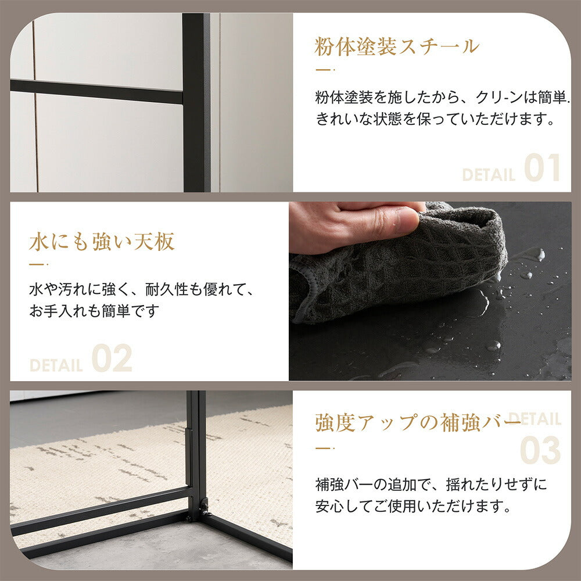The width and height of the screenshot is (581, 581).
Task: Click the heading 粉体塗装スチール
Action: click(397, 46)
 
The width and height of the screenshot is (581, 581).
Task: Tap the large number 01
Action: click(543, 168)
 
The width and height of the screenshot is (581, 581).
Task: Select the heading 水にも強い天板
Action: click(102, 242)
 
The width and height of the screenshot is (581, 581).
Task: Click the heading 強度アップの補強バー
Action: click(417, 422)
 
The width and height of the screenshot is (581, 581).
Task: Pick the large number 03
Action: click(540, 450)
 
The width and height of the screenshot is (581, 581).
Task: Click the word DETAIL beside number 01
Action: click(489, 174)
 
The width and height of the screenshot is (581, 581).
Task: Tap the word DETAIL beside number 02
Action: click(56, 365)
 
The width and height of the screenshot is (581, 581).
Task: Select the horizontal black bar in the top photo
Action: click(96, 92)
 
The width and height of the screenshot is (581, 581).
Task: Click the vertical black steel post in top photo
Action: click(196, 102)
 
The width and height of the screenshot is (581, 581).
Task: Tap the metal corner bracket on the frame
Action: click(204, 507)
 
